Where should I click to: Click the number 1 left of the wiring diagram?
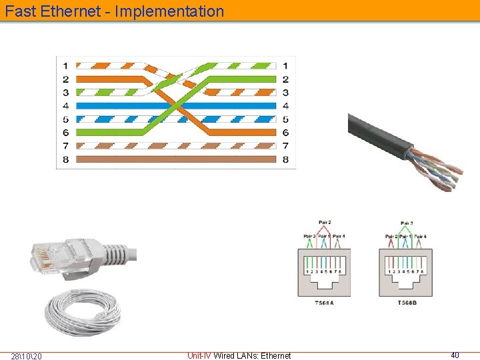click(x=65, y=65)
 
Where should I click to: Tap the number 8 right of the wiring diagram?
click(x=285, y=159)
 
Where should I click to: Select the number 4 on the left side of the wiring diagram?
click(x=65, y=105)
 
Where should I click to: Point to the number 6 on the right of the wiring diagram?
click(x=285, y=133)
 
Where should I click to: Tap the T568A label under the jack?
click(x=325, y=303)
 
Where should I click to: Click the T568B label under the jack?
click(x=407, y=303)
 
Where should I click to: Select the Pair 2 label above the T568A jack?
click(x=325, y=222)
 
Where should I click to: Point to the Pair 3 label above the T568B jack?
click(x=407, y=222)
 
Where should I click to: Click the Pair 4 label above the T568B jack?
click(x=420, y=236)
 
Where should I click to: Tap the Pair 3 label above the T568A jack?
click(x=309, y=236)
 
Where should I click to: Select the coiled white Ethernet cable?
click(x=84, y=312)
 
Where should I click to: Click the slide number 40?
click(x=455, y=355)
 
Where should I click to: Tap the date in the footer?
click(x=27, y=356)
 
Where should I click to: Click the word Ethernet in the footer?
click(x=275, y=356)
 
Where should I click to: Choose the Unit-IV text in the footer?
click(x=199, y=355)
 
